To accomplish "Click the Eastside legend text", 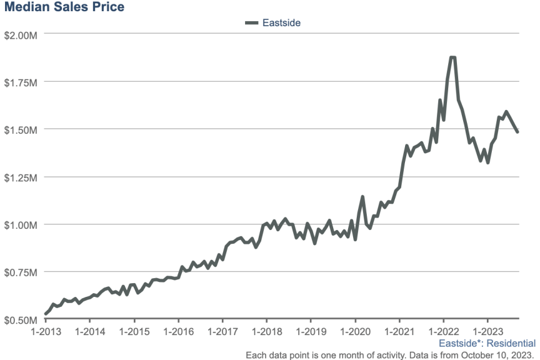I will [282, 23].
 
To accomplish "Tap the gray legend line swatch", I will [252, 23].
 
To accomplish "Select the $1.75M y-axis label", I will [20, 82].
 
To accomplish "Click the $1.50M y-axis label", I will [20, 129].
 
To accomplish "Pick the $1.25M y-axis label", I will [20, 177].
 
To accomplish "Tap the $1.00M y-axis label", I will [20, 224].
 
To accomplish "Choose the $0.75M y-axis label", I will [20, 272].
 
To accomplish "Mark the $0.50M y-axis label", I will [20, 319].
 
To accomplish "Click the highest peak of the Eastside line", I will [452, 58].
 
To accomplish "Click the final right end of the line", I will [517, 132].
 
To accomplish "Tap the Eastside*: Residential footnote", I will [487, 343].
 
